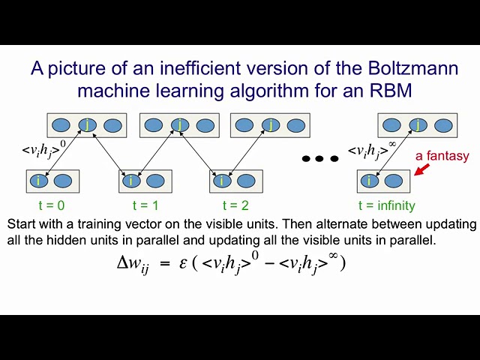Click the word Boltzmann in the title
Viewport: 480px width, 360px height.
click(x=413, y=68)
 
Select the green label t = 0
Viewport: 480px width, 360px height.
click(x=52, y=205)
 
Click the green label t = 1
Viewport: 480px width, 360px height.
click(x=145, y=205)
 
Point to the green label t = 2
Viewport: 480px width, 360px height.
click(x=235, y=205)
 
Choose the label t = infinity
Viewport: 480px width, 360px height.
click(x=387, y=205)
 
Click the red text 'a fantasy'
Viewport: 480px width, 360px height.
click(x=442, y=156)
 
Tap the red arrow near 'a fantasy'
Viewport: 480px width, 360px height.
click(x=421, y=169)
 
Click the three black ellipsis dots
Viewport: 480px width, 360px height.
click(x=320, y=158)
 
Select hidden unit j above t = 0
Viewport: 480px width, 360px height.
click(x=88, y=125)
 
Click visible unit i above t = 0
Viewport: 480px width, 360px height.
click(x=39, y=181)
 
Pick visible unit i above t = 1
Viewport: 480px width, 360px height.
click(x=131, y=181)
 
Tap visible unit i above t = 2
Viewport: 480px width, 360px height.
click(x=222, y=181)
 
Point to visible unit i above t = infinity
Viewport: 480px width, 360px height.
click(x=370, y=181)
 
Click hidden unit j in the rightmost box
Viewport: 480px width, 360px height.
click(x=418, y=125)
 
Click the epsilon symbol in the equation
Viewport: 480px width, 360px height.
click(x=183, y=263)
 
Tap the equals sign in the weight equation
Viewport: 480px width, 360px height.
click(x=165, y=263)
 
